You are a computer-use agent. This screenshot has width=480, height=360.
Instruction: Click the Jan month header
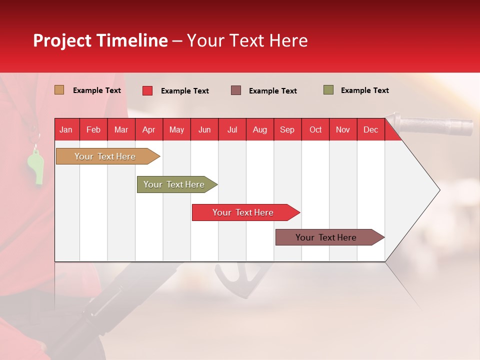point(66,129)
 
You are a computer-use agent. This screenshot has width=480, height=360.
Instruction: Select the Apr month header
point(149,129)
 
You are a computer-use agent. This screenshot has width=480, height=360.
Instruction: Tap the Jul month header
point(232,129)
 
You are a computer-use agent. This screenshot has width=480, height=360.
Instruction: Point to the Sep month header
point(287,129)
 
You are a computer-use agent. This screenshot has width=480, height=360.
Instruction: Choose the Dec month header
point(370,129)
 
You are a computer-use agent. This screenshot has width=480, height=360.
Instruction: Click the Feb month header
point(93,129)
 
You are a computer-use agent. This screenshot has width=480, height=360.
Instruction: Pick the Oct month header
point(315,129)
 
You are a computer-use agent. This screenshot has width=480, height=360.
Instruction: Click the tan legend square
point(59,90)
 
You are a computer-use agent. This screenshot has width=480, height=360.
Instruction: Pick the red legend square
point(147,90)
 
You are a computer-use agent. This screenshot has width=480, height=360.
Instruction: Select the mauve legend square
point(236,90)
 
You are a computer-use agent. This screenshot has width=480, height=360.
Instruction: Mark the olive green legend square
point(328,90)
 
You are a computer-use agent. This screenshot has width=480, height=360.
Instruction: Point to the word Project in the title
point(62,40)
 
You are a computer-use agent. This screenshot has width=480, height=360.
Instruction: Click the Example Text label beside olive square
point(364,90)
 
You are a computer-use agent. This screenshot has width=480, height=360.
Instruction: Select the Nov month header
point(343,129)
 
